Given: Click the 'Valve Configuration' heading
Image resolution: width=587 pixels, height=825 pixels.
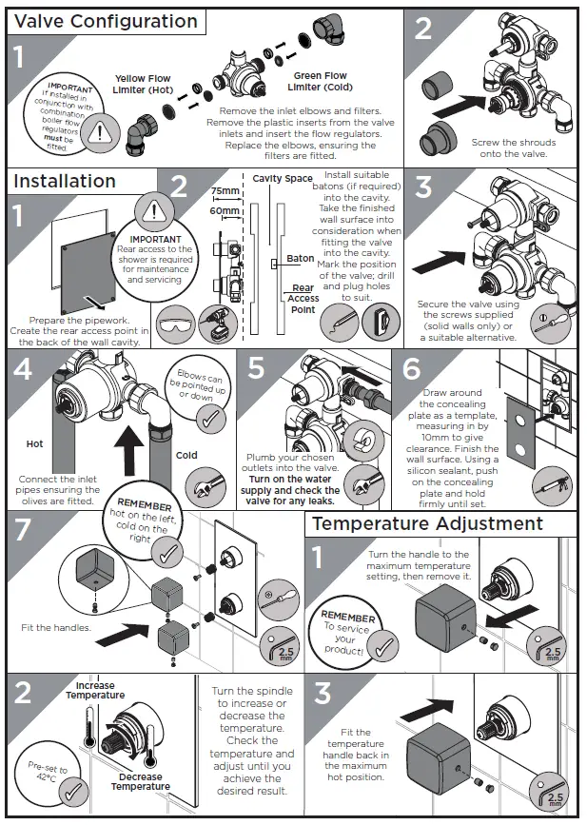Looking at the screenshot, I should coord(107,21).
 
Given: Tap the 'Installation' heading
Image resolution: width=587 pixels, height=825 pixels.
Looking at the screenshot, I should coord(65,181).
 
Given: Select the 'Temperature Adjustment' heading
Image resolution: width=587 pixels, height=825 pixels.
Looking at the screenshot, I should coord(427,523).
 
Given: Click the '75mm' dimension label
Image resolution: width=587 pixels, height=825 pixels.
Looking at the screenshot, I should coord(225,191).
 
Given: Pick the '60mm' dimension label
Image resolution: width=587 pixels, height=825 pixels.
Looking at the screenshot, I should coord(225,210).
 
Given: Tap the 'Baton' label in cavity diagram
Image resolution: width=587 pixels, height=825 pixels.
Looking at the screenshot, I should coord(300,259).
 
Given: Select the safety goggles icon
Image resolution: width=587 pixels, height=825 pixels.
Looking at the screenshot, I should coord(176,324).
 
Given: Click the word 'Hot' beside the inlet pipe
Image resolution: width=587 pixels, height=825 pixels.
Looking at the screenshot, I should coord(34,443).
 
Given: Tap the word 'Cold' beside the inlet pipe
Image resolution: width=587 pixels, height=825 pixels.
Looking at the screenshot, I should coord(186,455).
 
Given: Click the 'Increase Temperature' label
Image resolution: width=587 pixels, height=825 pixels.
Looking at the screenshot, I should coord(94,690).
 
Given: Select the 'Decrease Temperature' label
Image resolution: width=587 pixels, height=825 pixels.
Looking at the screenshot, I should coord(141,781).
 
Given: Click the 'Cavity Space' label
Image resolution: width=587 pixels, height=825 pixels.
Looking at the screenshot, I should coord(283,178).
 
